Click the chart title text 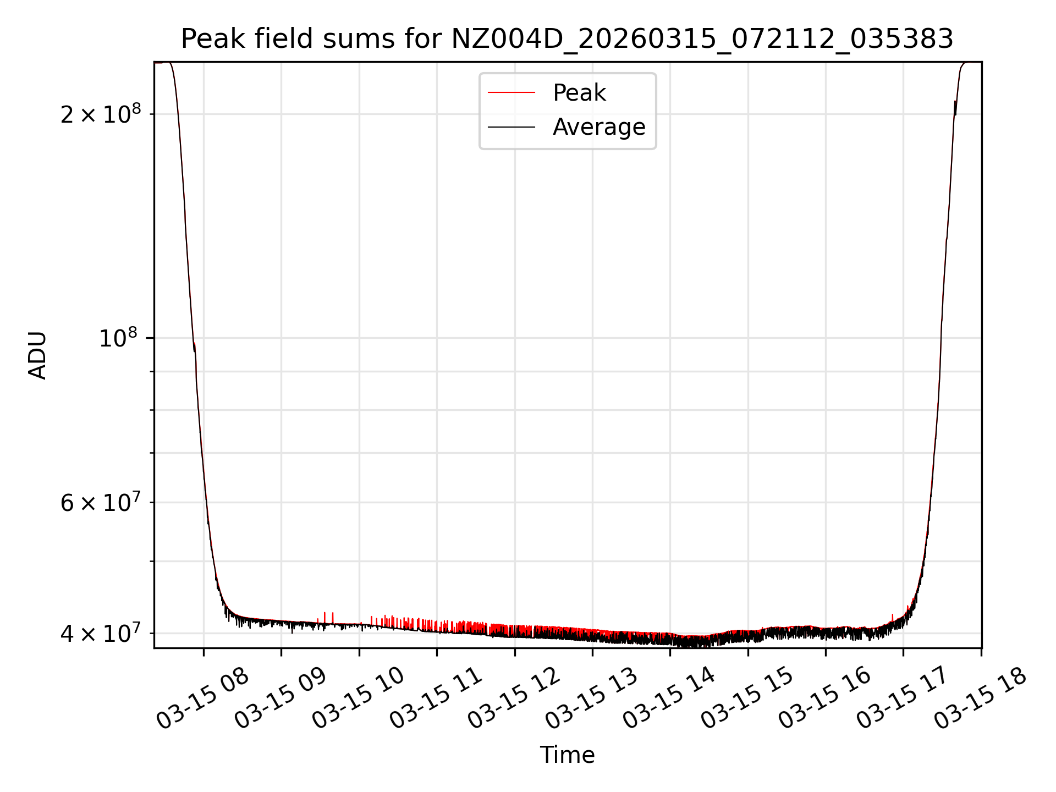point(567,39)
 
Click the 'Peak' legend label point(579,93)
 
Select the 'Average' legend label point(599,127)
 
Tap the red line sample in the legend point(511,93)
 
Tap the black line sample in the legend point(511,127)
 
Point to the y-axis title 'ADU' point(37,355)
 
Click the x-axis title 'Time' point(567,755)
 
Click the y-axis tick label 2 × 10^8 point(101,114)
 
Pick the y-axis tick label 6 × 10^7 point(101,502)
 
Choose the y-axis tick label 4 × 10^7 point(101,633)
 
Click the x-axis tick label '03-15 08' point(203,698)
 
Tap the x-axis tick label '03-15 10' point(359,698)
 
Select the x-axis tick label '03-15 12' point(514,698)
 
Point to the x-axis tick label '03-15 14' point(669,698)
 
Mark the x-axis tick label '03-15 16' point(825,698)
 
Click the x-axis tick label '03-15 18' point(981,698)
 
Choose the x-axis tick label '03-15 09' point(280,698)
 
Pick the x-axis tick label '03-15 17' point(903,698)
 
